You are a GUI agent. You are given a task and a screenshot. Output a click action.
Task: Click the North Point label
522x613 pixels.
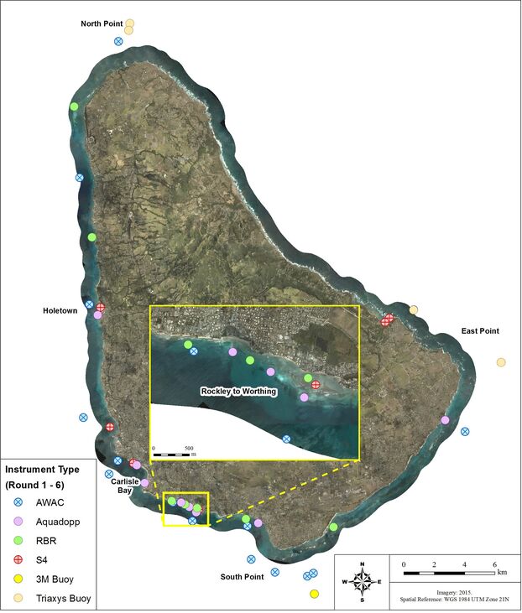pyautogui.click(x=102, y=23)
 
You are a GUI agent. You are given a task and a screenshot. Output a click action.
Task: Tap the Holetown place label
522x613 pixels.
pyautogui.click(x=60, y=310)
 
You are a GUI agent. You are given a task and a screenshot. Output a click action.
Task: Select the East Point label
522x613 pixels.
pyautogui.click(x=480, y=331)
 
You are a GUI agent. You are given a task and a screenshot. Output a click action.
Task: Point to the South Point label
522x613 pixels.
pyautogui.click(x=243, y=577)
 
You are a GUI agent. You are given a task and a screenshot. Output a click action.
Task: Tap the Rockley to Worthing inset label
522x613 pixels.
pyautogui.click(x=238, y=391)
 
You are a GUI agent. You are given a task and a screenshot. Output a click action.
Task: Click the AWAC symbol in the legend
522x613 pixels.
pyautogui.click(x=17, y=504)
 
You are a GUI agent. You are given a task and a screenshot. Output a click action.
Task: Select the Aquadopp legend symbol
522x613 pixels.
pyautogui.click(x=17, y=522)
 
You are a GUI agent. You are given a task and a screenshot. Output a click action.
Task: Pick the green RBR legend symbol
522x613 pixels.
pyautogui.click(x=17, y=542)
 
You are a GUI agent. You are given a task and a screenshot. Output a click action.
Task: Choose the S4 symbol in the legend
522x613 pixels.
pyautogui.click(x=17, y=561)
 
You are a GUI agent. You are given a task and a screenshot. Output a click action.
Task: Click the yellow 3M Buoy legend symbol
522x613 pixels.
pyautogui.click(x=17, y=580)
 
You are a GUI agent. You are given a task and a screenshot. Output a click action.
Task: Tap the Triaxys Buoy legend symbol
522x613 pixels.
pyautogui.click(x=17, y=599)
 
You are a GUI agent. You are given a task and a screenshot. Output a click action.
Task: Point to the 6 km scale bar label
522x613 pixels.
pyautogui.click(x=493, y=564)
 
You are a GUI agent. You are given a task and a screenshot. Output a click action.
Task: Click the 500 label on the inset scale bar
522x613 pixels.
pyautogui.click(x=189, y=448)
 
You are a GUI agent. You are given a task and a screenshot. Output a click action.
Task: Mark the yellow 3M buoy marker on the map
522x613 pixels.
pyautogui.click(x=314, y=594)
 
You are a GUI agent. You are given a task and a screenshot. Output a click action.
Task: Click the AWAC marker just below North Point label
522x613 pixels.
pyautogui.click(x=118, y=41)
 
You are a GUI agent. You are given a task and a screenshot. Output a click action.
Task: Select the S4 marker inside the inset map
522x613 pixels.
pyautogui.click(x=316, y=385)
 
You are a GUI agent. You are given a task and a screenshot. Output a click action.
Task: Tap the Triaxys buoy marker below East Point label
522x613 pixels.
pyautogui.click(x=501, y=362)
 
